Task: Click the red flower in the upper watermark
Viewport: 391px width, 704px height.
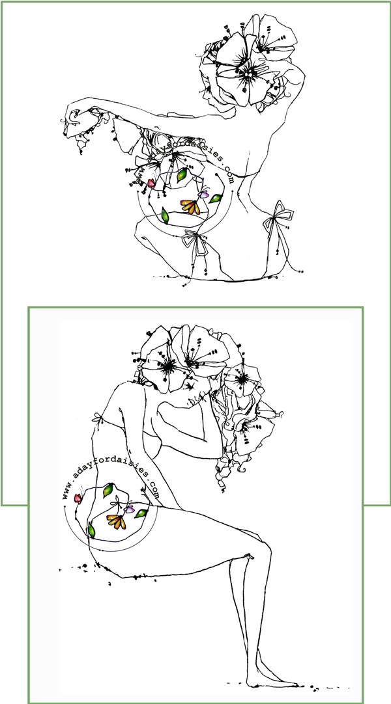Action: [x=151, y=183]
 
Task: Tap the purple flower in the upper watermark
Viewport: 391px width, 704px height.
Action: [x=205, y=195]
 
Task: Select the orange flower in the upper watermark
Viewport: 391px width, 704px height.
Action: [x=190, y=206]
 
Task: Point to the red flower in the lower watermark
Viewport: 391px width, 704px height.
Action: [x=78, y=498]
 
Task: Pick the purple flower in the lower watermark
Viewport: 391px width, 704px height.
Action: [x=130, y=509]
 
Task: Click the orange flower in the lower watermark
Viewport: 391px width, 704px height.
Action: [x=117, y=521]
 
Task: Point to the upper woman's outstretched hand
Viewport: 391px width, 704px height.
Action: [x=76, y=120]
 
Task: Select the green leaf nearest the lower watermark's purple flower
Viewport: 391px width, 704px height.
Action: [x=141, y=513]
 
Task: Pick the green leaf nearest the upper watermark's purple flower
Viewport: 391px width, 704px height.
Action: [x=216, y=198]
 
